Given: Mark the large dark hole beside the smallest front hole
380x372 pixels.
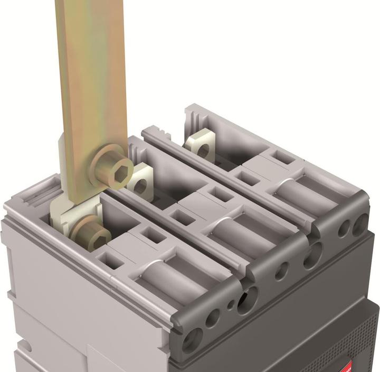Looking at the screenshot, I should [244, 301].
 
